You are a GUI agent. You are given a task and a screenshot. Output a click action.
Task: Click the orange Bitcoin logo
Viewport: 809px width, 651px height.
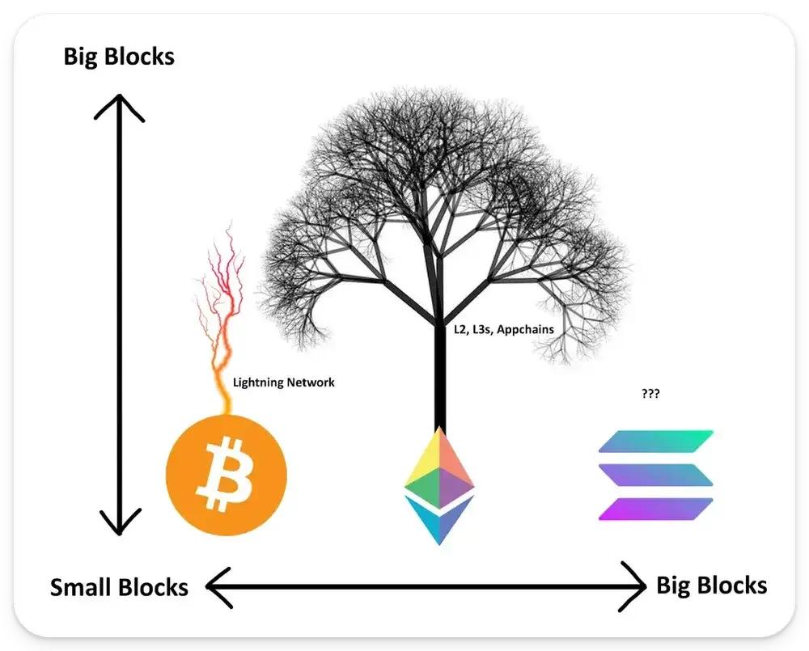pos(227,475)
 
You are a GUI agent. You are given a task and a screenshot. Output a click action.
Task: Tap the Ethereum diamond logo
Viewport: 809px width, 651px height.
pos(439,486)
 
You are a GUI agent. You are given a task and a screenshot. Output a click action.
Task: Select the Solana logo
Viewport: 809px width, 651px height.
pos(656,475)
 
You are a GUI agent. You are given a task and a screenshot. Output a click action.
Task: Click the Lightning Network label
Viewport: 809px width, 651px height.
pos(283,383)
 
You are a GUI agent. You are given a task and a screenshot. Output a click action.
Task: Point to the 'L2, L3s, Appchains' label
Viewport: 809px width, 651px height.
pos(504,330)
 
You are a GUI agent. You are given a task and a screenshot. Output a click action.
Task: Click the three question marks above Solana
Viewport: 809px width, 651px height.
pos(650,394)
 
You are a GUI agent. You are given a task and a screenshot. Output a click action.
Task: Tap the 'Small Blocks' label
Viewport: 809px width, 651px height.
pos(119,587)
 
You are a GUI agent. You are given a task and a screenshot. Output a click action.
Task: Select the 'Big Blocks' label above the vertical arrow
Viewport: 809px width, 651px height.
pos(119,57)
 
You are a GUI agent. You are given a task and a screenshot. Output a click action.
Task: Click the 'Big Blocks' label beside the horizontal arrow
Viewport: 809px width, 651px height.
pos(711,586)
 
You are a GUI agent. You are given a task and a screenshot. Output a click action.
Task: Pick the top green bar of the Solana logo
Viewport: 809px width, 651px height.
pos(656,441)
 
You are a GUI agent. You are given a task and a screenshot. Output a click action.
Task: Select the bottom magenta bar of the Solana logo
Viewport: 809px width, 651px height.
pos(656,509)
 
